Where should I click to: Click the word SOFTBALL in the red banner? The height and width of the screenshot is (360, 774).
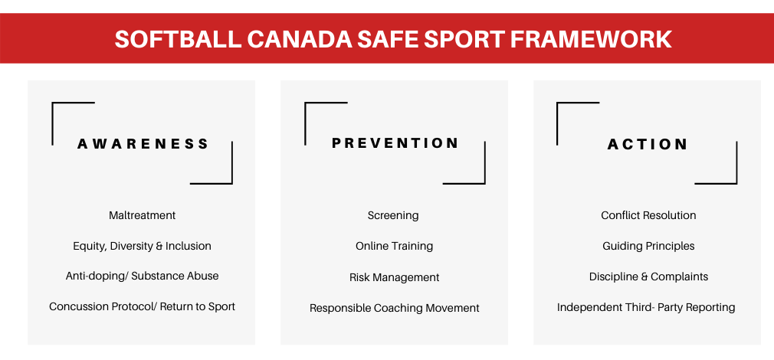click(179, 40)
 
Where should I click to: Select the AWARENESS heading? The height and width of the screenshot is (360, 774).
click(143, 144)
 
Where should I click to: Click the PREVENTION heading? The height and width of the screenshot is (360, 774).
click(395, 143)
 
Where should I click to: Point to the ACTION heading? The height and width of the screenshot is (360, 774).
click(647, 145)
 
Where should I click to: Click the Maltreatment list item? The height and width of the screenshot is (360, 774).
click(143, 215)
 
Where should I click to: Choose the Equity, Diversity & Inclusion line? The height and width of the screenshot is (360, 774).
click(143, 246)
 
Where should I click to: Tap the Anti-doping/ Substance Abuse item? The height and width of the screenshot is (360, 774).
click(143, 277)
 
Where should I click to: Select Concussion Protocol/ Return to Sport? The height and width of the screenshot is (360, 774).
click(143, 306)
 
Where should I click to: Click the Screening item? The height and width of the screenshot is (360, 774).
click(393, 216)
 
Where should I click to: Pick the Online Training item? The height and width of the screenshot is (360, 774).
click(395, 246)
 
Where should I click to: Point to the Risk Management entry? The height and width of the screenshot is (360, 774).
click(395, 277)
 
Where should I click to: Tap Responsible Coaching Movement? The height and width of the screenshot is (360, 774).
click(395, 308)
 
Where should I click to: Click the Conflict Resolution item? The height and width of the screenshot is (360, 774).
click(648, 215)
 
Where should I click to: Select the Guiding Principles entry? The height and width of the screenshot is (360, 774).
click(648, 246)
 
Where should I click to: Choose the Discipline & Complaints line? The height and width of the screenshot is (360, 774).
click(648, 277)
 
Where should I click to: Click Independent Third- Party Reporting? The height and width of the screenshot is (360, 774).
click(646, 308)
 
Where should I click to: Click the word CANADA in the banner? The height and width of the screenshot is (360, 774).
click(300, 40)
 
